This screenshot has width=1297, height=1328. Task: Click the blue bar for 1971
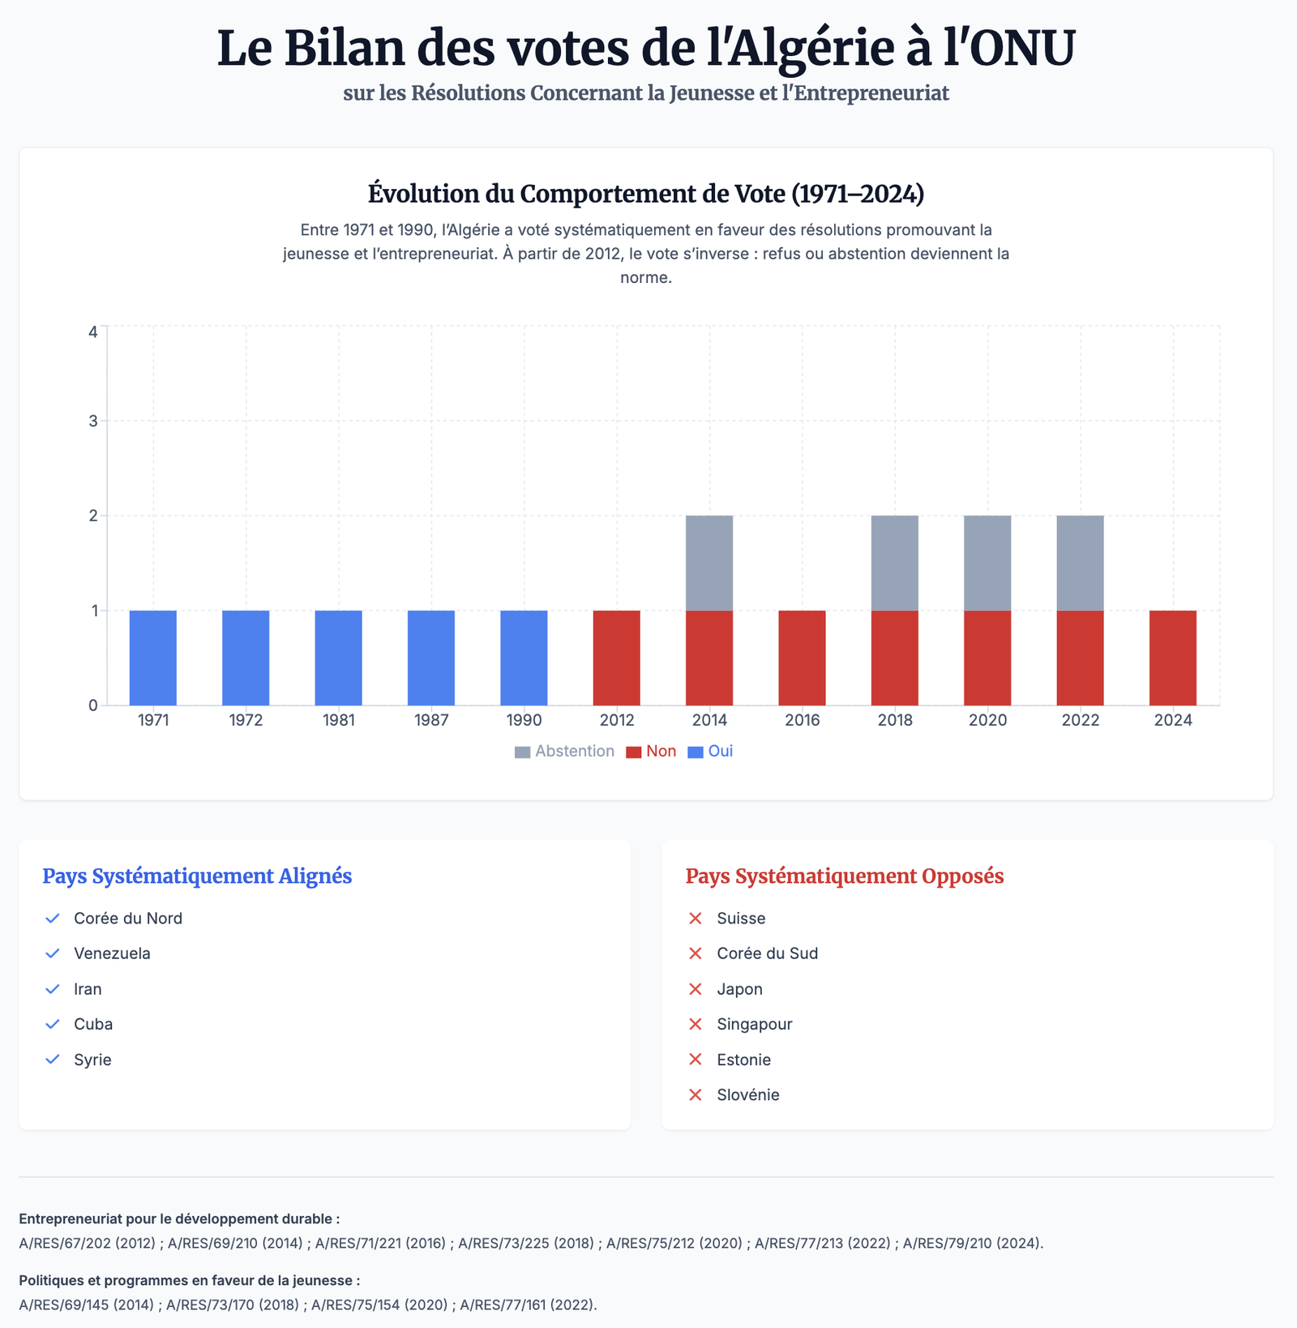(x=153, y=658)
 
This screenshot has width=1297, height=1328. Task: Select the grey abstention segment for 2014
(x=709, y=563)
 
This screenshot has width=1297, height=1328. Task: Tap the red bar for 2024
(x=1173, y=658)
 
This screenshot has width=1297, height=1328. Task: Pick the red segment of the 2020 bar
(x=987, y=658)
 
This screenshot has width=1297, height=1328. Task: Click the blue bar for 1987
(x=431, y=658)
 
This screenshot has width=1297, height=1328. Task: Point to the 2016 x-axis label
(x=803, y=720)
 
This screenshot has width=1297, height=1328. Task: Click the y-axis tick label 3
(x=94, y=421)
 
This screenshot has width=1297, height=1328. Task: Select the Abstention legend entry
(x=565, y=752)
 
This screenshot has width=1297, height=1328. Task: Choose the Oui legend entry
(x=710, y=752)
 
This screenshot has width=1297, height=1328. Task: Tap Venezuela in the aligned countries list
(x=112, y=953)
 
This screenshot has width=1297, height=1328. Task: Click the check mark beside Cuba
(x=53, y=1024)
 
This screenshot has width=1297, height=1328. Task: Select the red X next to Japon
(x=695, y=989)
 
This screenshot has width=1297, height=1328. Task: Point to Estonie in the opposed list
(x=743, y=1060)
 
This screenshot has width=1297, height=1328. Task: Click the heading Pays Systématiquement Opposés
(x=845, y=876)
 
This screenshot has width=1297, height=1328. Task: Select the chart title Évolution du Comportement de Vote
(x=645, y=195)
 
